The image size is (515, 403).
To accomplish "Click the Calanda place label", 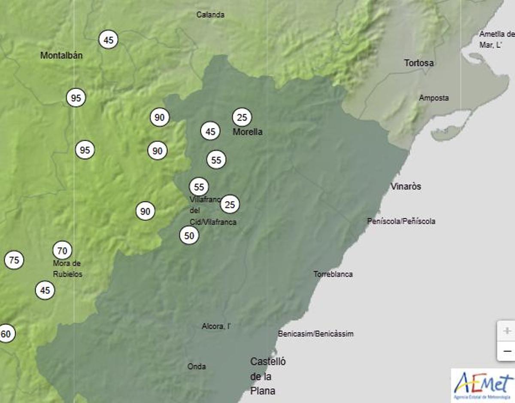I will pyautogui.click(x=210, y=15).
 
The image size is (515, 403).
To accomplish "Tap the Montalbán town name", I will pyautogui.click(x=61, y=55).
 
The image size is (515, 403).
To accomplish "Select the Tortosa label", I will pyautogui.click(x=419, y=63).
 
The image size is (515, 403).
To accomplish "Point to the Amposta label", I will pyautogui.click(x=434, y=98).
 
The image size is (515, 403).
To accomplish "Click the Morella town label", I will pyautogui.click(x=248, y=132).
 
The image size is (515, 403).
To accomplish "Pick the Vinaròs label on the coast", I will pyautogui.click(x=406, y=186).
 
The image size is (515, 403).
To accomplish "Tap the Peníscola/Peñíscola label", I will pyautogui.click(x=401, y=221).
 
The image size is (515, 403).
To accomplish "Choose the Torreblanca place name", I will pyautogui.click(x=333, y=274).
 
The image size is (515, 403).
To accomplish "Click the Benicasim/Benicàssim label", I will pyautogui.click(x=316, y=334).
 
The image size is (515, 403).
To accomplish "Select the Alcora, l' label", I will pyautogui.click(x=216, y=327).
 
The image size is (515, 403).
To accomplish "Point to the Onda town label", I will pyautogui.click(x=197, y=366).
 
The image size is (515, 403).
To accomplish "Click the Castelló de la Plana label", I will pyautogui.click(x=268, y=376).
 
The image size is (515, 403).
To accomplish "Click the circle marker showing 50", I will pyautogui.click(x=189, y=235).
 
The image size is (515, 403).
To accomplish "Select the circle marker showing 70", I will pyautogui.click(x=62, y=250).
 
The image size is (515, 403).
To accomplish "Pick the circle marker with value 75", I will pyautogui.click(x=14, y=260).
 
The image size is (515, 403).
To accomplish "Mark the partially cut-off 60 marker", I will pyautogui.click(x=6, y=334).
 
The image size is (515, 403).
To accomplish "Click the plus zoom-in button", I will pyautogui.click(x=507, y=331).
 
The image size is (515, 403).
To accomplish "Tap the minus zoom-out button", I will pyautogui.click(x=507, y=351).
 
